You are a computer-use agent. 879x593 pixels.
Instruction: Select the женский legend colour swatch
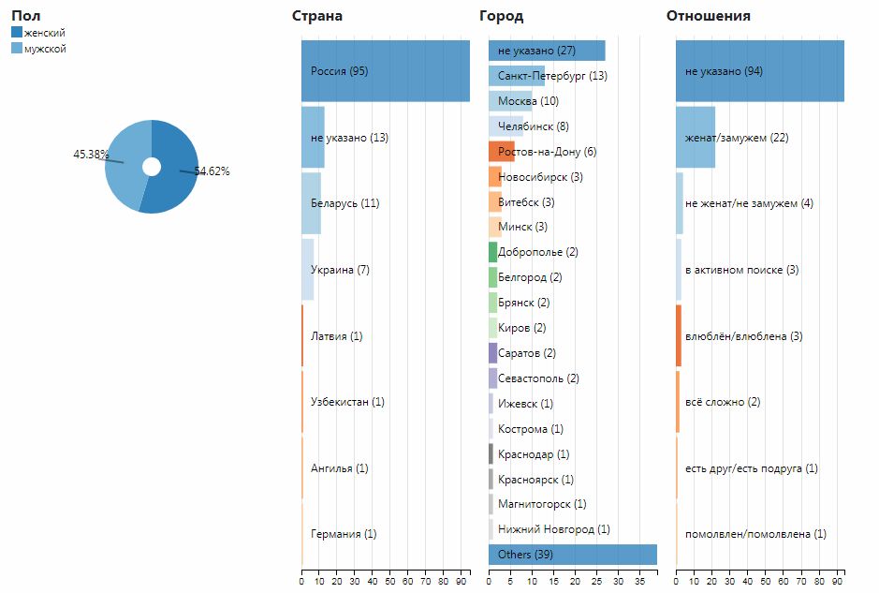click(17, 33)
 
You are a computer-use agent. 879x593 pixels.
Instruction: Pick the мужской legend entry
click(45, 49)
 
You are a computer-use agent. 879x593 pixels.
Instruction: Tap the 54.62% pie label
click(212, 171)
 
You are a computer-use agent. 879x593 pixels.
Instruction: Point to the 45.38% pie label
click(91, 155)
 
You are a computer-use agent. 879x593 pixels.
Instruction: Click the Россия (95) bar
click(385, 71)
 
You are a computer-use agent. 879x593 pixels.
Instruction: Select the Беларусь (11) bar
click(312, 203)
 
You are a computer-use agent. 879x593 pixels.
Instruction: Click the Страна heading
click(317, 16)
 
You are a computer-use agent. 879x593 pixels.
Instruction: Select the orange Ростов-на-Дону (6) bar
click(502, 152)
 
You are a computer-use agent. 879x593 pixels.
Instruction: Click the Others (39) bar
click(572, 555)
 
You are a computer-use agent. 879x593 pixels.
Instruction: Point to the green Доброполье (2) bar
click(492, 252)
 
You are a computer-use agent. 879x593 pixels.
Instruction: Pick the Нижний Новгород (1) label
click(553, 529)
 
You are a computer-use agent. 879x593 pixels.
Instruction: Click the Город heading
click(501, 16)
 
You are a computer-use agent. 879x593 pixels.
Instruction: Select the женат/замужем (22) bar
click(696, 138)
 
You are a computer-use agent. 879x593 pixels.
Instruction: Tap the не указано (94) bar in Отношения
click(759, 71)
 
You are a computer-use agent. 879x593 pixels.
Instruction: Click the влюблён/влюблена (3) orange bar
click(679, 335)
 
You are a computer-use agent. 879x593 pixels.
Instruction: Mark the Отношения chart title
click(708, 16)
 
